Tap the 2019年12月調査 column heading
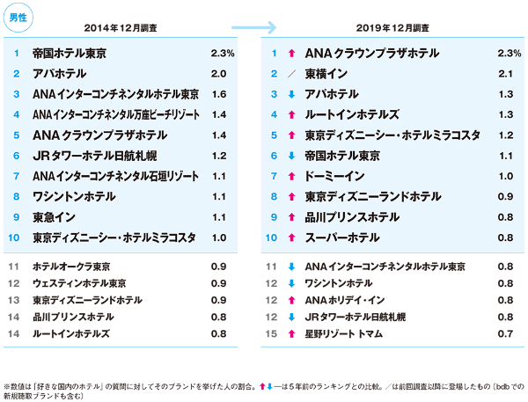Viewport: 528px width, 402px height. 393,26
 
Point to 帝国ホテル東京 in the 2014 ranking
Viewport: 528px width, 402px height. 69,54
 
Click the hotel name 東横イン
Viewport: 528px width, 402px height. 326,74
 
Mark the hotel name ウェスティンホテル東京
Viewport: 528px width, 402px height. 78,282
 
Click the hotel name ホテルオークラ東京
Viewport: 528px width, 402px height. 72,266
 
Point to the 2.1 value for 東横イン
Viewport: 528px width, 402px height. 504,74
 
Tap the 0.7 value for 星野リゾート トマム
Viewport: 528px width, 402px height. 504,334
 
